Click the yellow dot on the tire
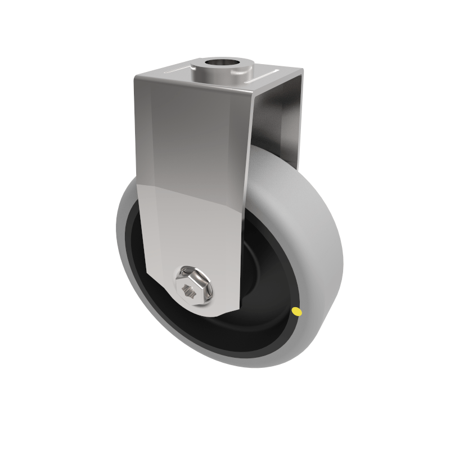point(297,311)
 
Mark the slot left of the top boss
point(178,71)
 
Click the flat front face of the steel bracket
point(191,169)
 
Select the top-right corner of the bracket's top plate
point(301,70)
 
